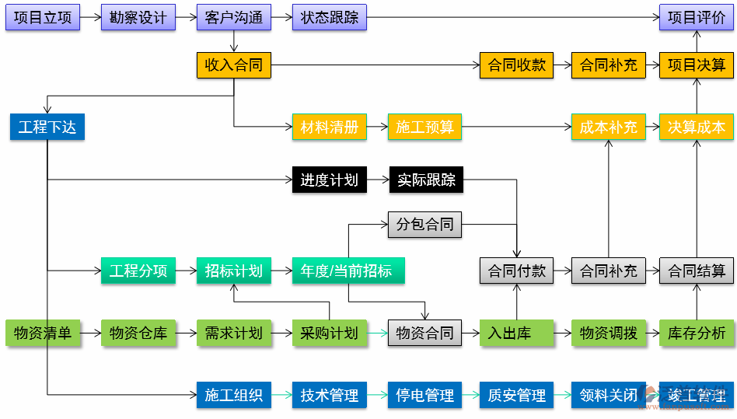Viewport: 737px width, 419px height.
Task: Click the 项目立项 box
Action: pyautogui.click(x=43, y=17)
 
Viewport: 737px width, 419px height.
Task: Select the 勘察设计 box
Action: pyautogui.click(x=138, y=17)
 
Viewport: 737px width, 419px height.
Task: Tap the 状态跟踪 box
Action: pyautogui.click(x=329, y=17)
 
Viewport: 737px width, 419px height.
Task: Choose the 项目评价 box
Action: pyautogui.click(x=696, y=17)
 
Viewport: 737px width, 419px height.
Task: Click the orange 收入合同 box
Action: pyautogui.click(x=234, y=65)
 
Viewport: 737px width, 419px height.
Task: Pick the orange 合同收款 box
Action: pyautogui.click(x=516, y=65)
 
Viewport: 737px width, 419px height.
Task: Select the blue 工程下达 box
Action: pyautogui.click(x=47, y=127)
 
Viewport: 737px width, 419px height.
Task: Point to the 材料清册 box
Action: pyautogui.click(x=329, y=127)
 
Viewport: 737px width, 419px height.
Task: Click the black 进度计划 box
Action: pyautogui.click(x=329, y=180)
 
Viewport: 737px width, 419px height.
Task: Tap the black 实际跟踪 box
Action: pyautogui.click(x=424, y=180)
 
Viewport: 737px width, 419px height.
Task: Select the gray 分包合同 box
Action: pyautogui.click(x=424, y=225)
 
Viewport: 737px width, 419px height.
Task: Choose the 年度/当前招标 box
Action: pyautogui.click(x=348, y=271)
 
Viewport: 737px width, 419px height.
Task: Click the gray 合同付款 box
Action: pyautogui.click(x=516, y=271)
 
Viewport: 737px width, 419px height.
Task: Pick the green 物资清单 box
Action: pyautogui.click(x=43, y=333)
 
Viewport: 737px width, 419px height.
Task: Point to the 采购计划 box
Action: pyautogui.click(x=329, y=333)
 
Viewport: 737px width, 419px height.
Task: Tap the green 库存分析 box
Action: pyautogui.click(x=696, y=333)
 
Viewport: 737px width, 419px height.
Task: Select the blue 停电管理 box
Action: pyautogui.click(x=424, y=395)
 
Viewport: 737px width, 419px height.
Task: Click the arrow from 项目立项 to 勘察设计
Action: pyautogui.click(x=90, y=17)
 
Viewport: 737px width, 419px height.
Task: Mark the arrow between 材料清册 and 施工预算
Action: pyautogui.click(x=376, y=127)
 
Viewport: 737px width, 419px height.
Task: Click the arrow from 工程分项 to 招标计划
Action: pyautogui.click(x=186, y=271)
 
